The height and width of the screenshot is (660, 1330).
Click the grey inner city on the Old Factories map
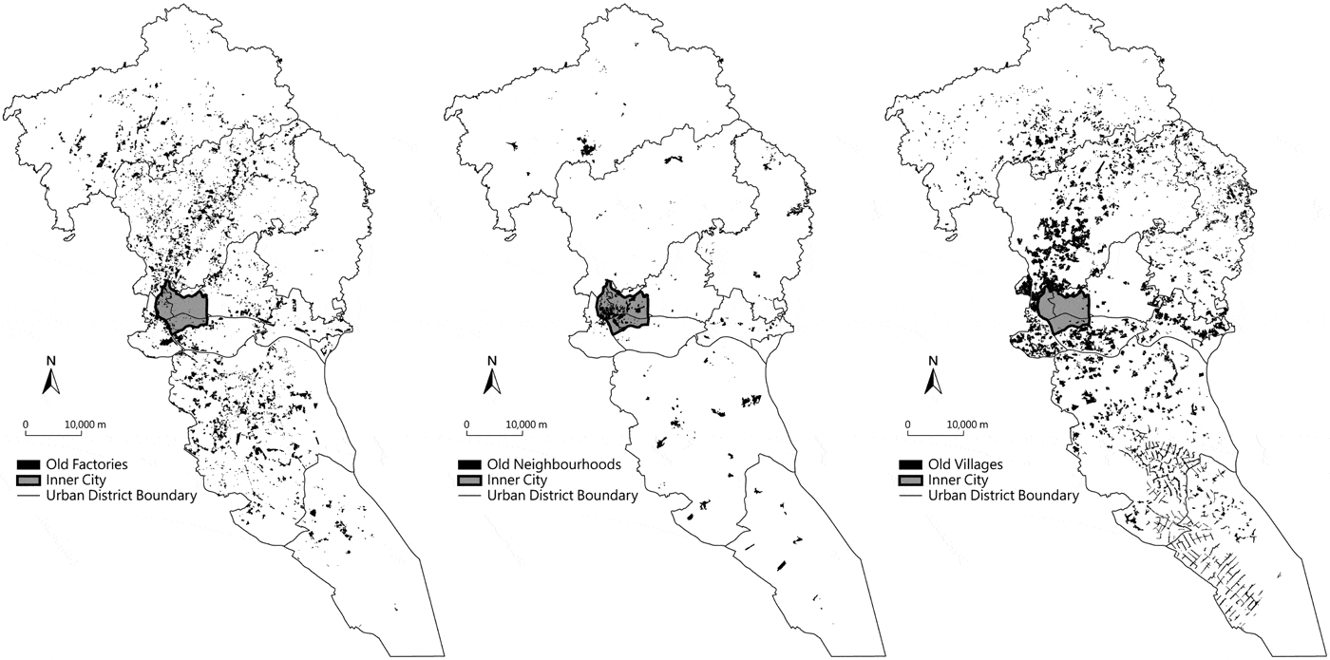tap(183, 308)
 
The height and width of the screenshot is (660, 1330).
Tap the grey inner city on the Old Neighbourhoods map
tap(622, 308)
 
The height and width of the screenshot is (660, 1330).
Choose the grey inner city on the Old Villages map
tap(1062, 308)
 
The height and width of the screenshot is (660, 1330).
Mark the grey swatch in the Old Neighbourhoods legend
tap(469, 481)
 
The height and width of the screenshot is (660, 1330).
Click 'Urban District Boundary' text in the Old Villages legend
tap(1003, 495)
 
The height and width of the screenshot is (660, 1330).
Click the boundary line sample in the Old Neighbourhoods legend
tap(469, 495)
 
